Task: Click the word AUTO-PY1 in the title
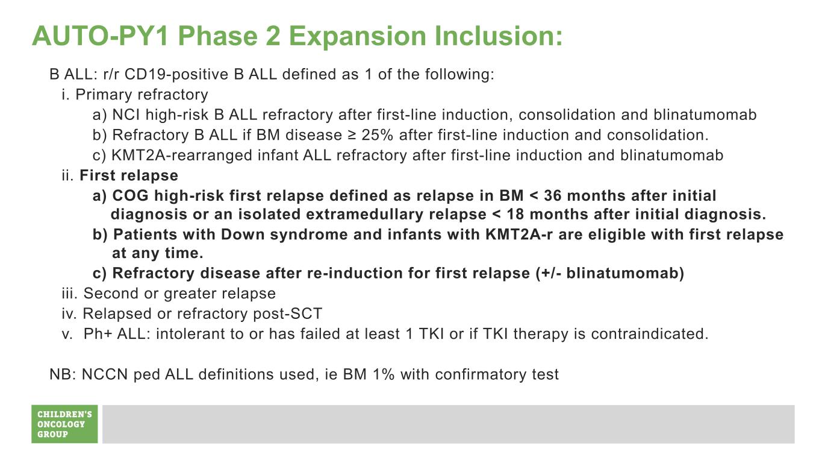[100, 36]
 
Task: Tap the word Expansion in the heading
[357, 36]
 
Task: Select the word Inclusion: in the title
[499, 36]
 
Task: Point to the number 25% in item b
[377, 135]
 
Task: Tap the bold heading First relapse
[129, 175]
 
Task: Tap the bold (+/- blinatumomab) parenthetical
[610, 273]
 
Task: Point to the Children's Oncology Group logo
[64, 424]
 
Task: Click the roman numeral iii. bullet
[70, 294]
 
